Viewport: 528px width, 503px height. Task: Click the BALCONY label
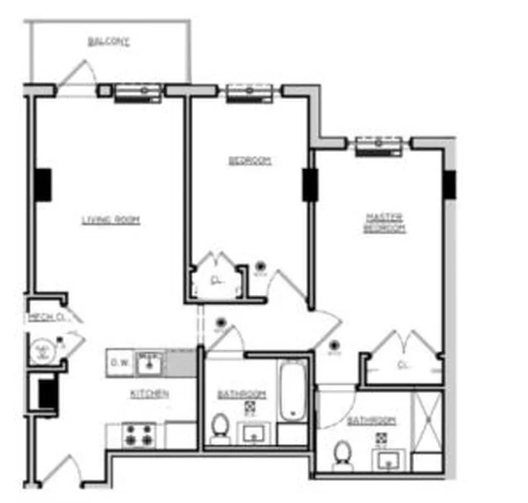point(108,42)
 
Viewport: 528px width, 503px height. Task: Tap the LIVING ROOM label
point(111,220)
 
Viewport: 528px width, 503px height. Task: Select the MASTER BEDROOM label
point(385,223)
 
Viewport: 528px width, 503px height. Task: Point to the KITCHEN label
point(149,394)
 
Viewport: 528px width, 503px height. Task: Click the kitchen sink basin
point(150,363)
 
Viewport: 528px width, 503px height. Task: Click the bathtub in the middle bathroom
point(293,390)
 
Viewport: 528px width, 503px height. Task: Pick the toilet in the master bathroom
point(342,456)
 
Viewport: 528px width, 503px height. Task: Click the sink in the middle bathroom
point(255,434)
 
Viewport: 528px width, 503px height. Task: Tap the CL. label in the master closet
point(403,363)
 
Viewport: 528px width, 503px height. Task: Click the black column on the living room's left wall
point(43,185)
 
